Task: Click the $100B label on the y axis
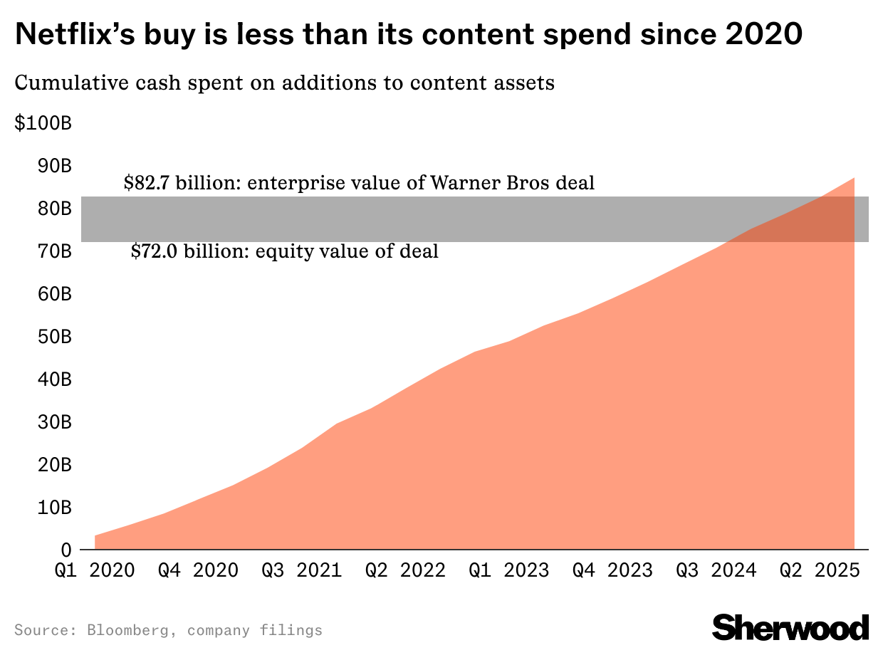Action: (43, 124)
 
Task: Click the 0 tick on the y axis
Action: (66, 550)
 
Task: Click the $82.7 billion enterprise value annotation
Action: (359, 183)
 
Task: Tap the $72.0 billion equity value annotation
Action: (285, 251)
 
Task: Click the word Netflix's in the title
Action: (83, 35)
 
